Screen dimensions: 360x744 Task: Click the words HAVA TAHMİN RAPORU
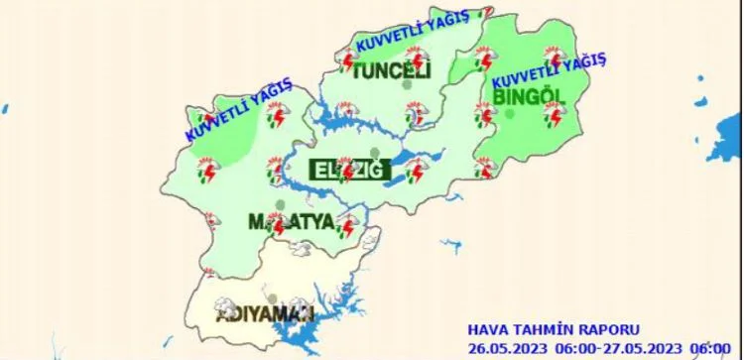pyautogui.click(x=554, y=329)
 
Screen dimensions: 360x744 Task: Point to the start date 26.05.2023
pyautogui.click(x=507, y=346)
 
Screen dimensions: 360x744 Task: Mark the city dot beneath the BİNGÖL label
pyautogui.click(x=510, y=114)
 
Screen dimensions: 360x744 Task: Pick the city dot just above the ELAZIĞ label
pyautogui.click(x=375, y=152)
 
